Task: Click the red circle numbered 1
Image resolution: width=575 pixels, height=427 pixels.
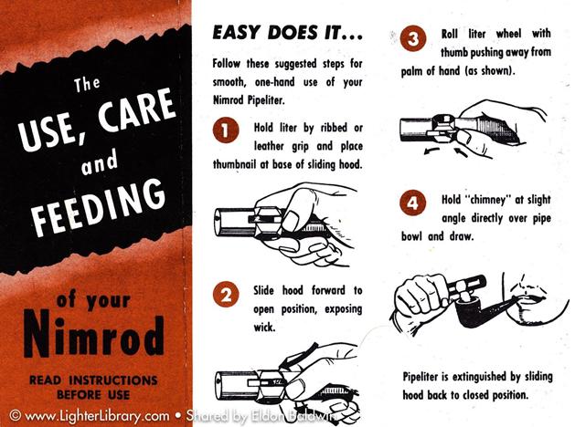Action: point(226,130)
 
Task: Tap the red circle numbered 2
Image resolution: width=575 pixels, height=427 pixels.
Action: point(226,294)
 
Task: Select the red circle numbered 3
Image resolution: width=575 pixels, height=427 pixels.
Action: point(413,38)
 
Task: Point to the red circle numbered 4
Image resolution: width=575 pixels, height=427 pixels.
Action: point(413,202)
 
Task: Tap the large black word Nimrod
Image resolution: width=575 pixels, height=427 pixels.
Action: point(93,335)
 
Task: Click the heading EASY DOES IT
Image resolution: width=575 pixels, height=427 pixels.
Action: point(287,33)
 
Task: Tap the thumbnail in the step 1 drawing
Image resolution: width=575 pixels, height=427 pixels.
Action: point(293,220)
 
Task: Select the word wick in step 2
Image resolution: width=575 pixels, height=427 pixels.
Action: point(264,327)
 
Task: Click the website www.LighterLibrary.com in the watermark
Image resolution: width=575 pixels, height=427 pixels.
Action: point(97,416)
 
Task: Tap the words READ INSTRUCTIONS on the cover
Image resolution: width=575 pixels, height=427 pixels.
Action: point(93,380)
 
